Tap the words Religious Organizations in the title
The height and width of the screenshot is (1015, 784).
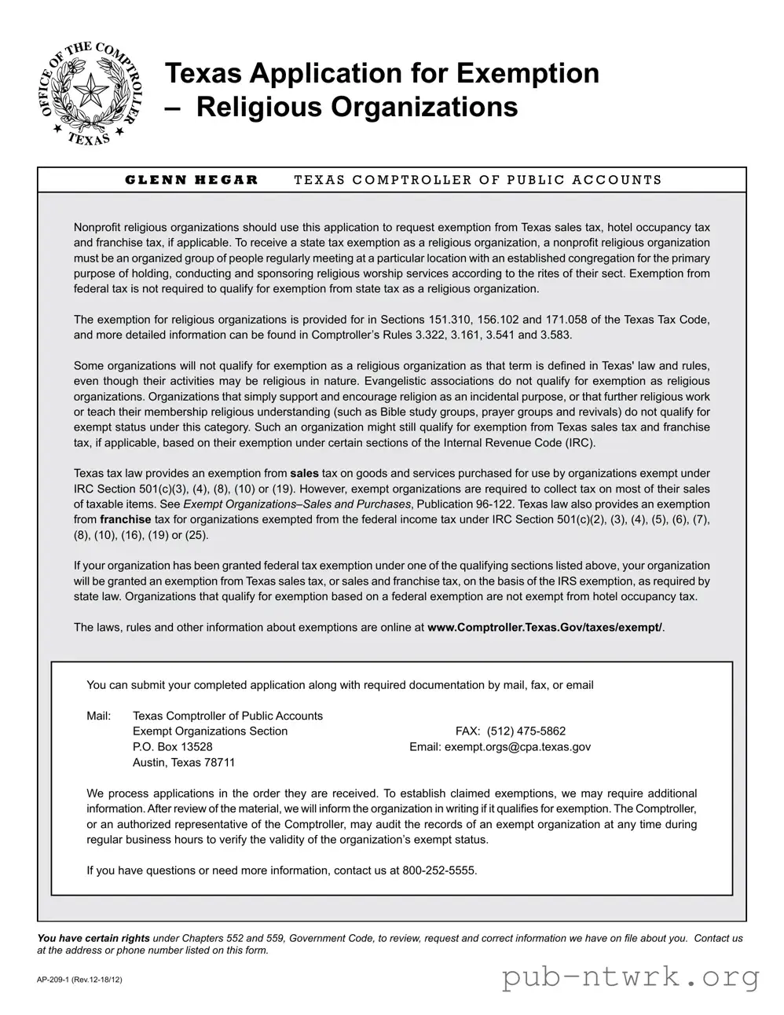click(357, 107)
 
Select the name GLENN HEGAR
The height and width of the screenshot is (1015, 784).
click(192, 180)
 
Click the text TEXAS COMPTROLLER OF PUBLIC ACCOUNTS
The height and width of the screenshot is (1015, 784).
click(478, 180)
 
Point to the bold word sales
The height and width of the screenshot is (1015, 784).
click(304, 474)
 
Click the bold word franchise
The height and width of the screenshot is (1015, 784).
click(126, 519)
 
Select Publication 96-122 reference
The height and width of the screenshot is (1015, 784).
click(465, 504)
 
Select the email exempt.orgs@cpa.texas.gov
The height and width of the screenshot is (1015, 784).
click(518, 747)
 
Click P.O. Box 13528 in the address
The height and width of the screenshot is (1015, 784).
click(173, 747)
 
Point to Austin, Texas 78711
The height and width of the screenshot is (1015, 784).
click(184, 763)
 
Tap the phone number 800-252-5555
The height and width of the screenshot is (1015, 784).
click(438, 870)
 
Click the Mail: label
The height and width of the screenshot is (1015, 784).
click(99, 716)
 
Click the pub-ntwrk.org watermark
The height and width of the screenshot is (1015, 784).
click(631, 977)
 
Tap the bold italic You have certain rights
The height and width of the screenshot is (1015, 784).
click(93, 938)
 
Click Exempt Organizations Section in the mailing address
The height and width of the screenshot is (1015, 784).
click(210, 731)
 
